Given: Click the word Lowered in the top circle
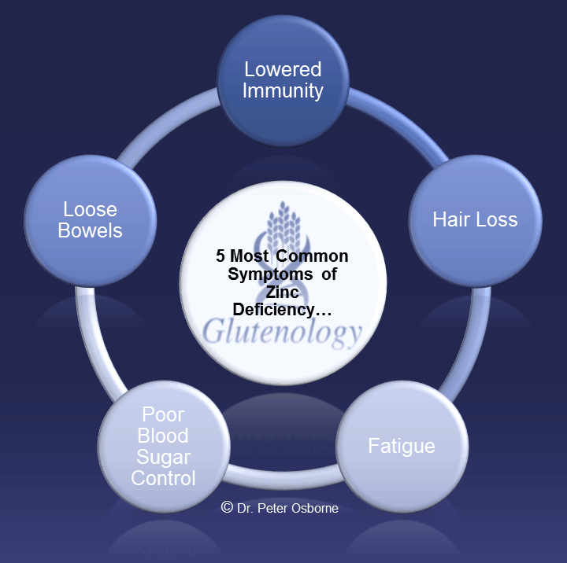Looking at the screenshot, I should click(x=283, y=69).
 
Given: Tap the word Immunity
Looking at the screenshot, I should click(x=283, y=90).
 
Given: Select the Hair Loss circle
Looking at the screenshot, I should click(x=475, y=219).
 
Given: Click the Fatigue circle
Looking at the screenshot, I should click(x=402, y=447).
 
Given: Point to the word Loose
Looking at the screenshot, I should click(x=91, y=210).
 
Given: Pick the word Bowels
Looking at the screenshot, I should click(x=91, y=231).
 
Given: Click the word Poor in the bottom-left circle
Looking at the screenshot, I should click(x=163, y=414).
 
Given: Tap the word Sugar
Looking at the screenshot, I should click(x=163, y=457).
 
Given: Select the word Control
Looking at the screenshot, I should click(x=163, y=478).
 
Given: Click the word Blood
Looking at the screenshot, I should click(x=163, y=436).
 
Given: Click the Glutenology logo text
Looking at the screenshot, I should click(x=282, y=333).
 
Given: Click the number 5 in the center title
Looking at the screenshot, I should click(x=220, y=257).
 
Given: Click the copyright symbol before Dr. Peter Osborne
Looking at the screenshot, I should click(x=227, y=508).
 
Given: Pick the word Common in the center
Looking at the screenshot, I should click(x=316, y=257).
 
